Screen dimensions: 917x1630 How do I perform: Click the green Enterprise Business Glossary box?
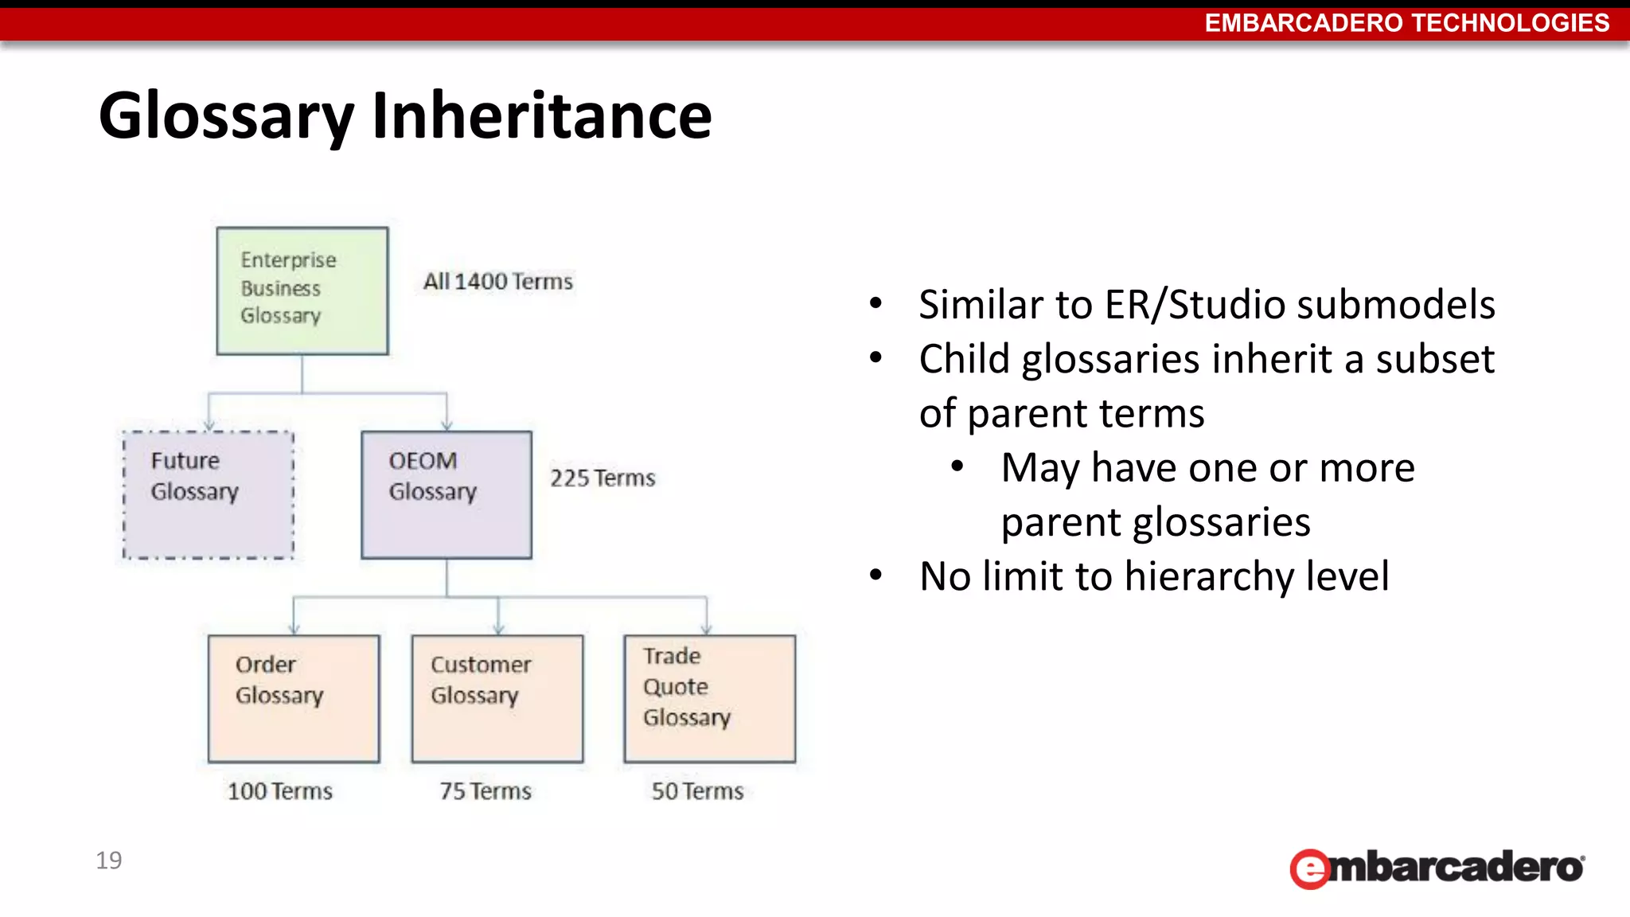tap(302, 291)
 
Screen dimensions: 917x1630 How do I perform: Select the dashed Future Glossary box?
tap(209, 494)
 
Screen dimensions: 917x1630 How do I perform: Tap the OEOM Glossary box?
tap(446, 494)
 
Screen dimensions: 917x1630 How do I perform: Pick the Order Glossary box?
tap(294, 698)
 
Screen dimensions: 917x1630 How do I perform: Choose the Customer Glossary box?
tap(497, 698)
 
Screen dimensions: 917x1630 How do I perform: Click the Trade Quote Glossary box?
tap(709, 698)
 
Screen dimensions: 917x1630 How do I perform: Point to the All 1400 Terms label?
tap(497, 282)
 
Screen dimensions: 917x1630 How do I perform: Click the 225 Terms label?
tap(602, 478)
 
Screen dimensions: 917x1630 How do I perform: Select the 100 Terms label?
tap(280, 791)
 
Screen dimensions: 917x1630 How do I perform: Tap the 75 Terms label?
tap(485, 791)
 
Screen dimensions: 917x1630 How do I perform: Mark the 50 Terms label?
tap(697, 791)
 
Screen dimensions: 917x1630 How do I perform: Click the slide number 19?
tap(109, 860)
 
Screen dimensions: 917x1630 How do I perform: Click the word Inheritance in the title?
tap(541, 116)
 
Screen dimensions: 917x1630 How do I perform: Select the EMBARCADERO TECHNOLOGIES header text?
tap(1406, 22)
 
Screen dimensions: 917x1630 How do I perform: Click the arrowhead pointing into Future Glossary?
tap(209, 425)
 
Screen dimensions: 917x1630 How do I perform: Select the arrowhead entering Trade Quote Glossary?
tap(706, 629)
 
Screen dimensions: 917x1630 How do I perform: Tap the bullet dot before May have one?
tap(957, 467)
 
